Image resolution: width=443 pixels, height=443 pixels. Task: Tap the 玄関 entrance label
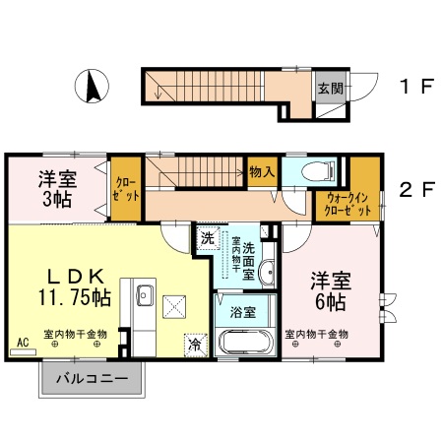[329, 88]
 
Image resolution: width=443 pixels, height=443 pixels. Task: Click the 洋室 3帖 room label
[56, 189]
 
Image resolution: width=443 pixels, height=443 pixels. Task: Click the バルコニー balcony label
[92, 378]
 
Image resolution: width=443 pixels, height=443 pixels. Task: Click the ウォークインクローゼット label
[349, 204]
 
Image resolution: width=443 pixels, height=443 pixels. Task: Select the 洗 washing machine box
[208, 238]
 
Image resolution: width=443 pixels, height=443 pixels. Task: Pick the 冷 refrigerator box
[195, 345]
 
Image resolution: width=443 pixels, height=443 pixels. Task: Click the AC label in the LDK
[22, 343]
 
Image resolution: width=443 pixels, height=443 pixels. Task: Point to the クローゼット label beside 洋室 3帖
[125, 186]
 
